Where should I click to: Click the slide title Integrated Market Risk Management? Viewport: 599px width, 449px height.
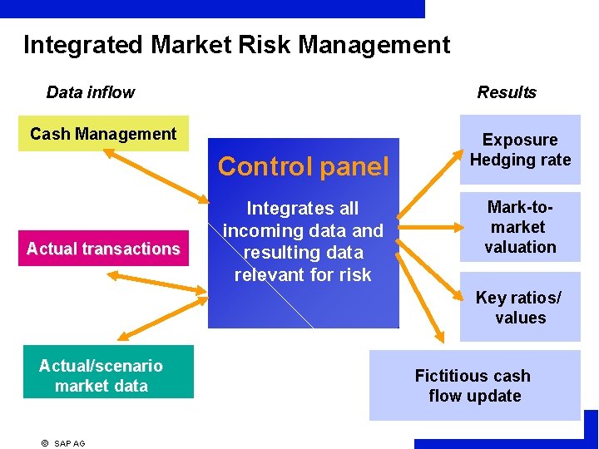tap(236, 44)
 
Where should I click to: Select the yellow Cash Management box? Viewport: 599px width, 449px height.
tap(103, 134)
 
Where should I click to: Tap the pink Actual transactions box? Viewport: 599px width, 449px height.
tap(103, 249)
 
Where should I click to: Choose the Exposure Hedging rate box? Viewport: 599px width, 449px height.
tap(520, 150)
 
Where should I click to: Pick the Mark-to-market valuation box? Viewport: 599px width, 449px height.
tap(520, 227)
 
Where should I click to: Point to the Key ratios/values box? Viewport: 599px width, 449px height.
tap(520, 308)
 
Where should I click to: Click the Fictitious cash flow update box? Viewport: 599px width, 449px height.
tap(474, 386)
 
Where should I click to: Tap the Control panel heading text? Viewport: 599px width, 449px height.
tap(303, 167)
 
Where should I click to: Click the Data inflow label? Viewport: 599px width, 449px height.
tap(90, 92)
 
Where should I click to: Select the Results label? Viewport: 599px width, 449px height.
tap(507, 92)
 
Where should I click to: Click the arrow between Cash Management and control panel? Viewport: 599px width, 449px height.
tap(156, 175)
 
